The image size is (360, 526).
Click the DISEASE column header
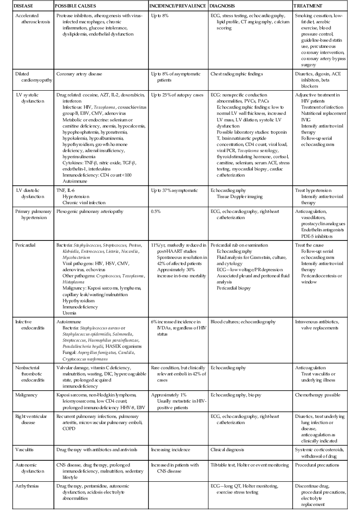pos(14,7)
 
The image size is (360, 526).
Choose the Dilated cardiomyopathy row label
pos(26,77)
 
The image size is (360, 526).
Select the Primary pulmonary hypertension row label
pos(28,214)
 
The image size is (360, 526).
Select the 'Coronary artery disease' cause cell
pos(79,74)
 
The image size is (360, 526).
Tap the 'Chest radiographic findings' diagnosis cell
pos(237,74)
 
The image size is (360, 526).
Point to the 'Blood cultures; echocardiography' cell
pos(243,322)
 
